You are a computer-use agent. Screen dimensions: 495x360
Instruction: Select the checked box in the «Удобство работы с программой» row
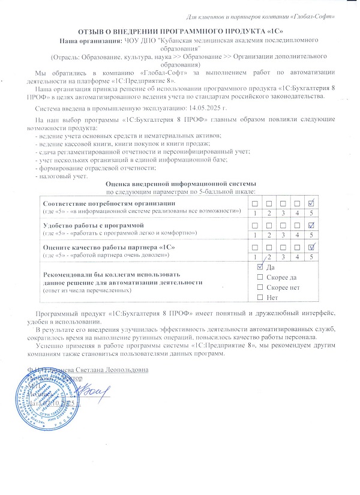click(311, 225)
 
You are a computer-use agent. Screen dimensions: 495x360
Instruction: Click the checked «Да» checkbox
click(259, 267)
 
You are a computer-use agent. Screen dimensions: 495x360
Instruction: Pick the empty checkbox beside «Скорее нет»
click(259, 287)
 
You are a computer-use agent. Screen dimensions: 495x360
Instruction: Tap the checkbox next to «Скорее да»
click(259, 277)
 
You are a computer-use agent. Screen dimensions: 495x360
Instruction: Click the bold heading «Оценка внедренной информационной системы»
click(181, 183)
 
